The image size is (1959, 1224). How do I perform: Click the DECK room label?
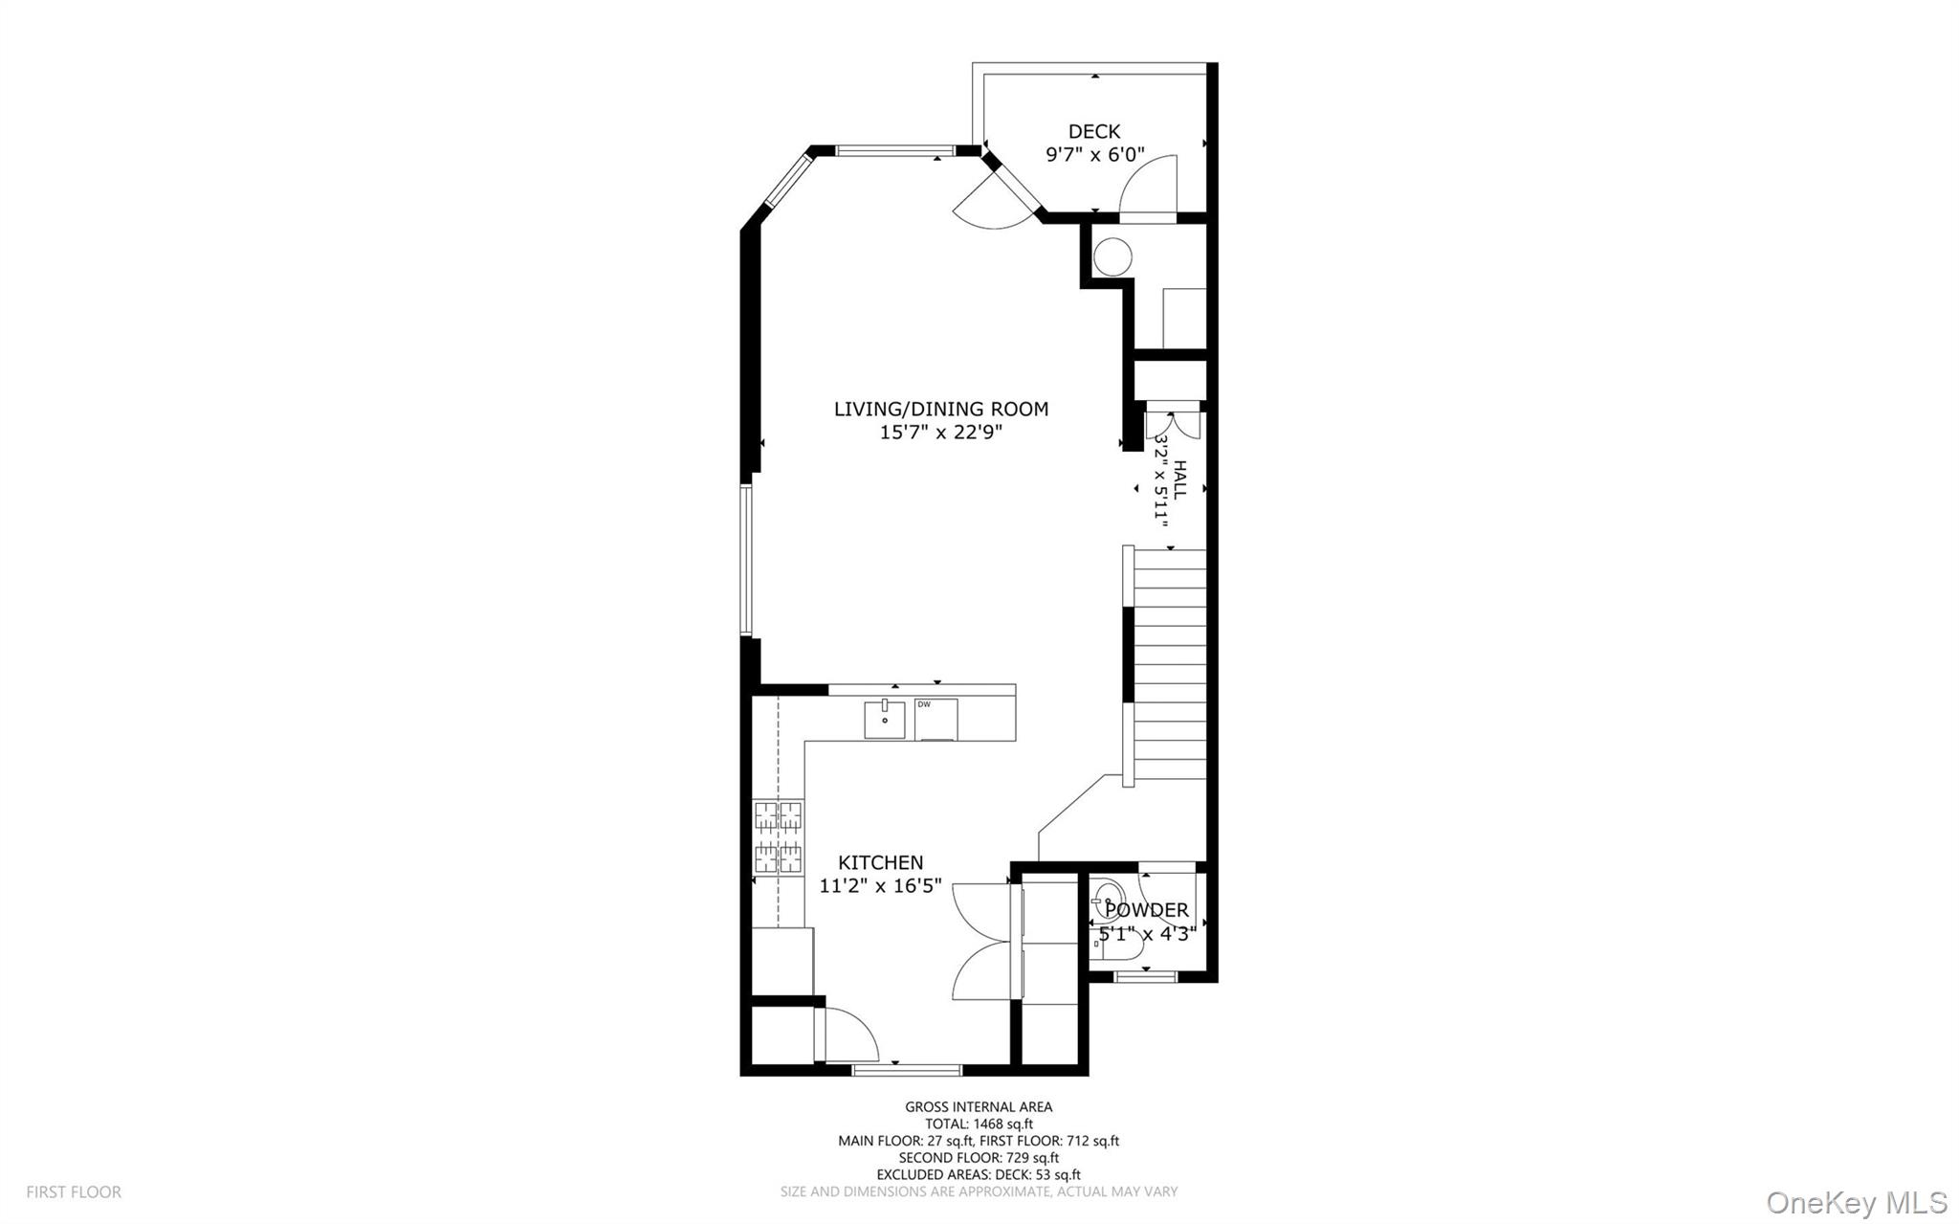pos(1093,132)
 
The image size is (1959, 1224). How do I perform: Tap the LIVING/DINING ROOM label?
pos(940,410)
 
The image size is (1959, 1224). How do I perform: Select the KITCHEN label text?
pos(880,863)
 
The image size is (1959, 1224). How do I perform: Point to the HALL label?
pos(1180,478)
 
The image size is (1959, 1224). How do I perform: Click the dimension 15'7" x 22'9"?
pos(940,433)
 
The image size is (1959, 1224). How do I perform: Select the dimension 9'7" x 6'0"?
pos(1094,155)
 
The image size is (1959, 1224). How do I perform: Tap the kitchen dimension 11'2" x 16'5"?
pos(880,886)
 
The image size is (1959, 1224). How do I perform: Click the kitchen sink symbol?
pos(885,720)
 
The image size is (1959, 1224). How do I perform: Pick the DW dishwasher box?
pos(935,720)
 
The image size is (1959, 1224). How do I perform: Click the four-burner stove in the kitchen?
pos(778,837)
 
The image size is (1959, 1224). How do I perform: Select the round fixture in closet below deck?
pos(1112,256)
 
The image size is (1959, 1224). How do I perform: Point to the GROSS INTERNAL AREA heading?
pos(978,1107)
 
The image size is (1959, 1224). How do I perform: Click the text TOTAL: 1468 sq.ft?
pos(978,1124)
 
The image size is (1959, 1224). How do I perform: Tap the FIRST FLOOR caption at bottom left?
pos(74,1192)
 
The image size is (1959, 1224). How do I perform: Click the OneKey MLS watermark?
pos(1856,1202)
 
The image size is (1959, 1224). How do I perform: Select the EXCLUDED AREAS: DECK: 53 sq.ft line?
pos(978,1175)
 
